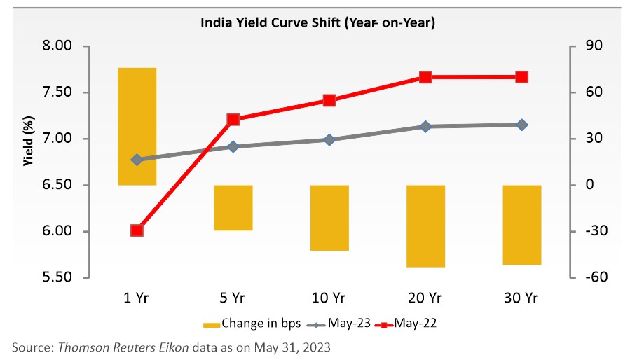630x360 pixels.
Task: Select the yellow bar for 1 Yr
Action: [137, 126]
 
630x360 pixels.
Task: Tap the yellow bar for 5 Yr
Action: [233, 207]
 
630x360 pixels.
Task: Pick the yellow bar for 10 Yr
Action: [329, 218]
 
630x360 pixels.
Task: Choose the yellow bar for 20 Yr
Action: [425, 226]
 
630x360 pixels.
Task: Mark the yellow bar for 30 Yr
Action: [521, 225]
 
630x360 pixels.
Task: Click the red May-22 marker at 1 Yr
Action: [137, 230]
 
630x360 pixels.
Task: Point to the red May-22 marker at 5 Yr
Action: [233, 120]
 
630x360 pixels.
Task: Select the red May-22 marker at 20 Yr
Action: [425, 77]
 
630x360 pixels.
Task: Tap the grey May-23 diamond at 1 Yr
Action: [137, 160]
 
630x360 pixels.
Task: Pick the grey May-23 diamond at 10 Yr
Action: [329, 139]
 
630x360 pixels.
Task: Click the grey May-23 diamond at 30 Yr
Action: [521, 125]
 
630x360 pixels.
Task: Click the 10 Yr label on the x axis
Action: [329, 297]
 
